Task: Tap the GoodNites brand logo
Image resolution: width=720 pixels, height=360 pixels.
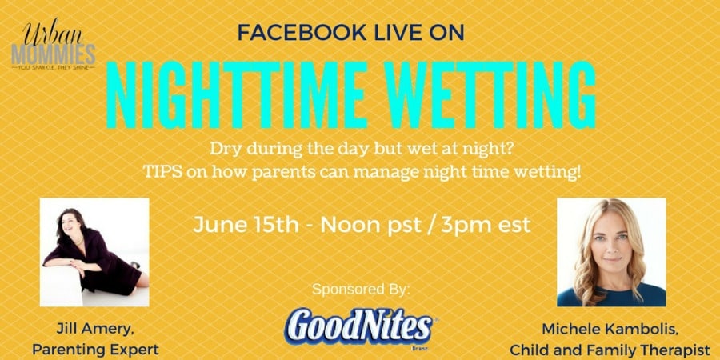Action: tap(358, 328)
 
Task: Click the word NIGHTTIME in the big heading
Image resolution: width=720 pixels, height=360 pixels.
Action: tap(237, 94)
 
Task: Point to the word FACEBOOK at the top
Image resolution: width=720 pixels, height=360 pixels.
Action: tap(293, 32)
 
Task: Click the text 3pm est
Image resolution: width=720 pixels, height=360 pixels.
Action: tap(486, 226)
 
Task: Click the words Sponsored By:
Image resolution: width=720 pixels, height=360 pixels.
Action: tap(360, 290)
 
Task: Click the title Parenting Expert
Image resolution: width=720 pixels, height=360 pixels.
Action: tap(95, 350)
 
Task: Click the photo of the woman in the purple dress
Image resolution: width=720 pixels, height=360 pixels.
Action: tap(94, 252)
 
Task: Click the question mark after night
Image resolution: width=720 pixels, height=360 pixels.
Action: tap(506, 150)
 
